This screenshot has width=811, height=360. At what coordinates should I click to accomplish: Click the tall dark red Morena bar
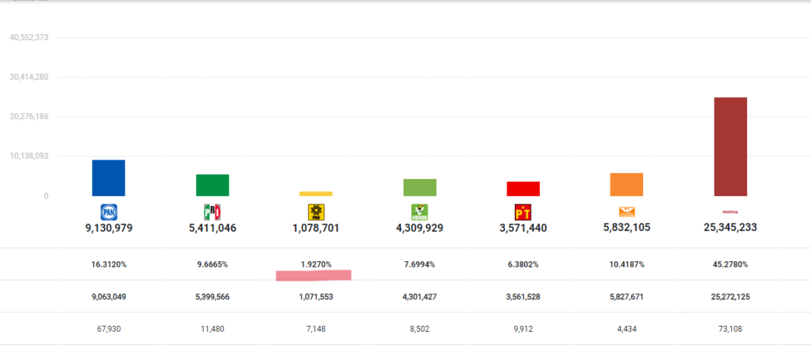731,147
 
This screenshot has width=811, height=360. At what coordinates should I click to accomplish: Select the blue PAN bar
109,178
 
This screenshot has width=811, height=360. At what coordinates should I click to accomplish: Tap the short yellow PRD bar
316,194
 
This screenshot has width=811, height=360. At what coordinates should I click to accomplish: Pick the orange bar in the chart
626,185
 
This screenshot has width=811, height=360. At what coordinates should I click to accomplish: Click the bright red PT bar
523,188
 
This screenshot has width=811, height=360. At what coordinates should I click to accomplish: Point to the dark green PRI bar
213,185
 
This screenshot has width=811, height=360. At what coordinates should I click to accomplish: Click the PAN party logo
109,212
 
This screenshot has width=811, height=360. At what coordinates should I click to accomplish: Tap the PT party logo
523,212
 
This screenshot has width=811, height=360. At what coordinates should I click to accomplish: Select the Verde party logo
419,212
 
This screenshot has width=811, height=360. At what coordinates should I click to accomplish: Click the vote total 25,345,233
731,227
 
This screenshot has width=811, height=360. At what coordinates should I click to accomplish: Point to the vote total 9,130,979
109,227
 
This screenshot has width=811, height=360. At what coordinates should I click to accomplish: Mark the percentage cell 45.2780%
731,264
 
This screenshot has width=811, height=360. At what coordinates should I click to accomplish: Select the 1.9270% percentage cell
316,264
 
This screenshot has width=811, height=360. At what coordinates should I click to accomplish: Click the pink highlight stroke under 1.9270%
314,276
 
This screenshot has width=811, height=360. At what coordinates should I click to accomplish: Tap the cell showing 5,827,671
626,296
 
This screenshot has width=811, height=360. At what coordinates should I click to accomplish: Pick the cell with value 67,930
109,329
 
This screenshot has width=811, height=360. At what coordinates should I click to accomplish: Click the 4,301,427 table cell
419,296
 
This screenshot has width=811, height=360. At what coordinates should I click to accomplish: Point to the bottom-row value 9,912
523,329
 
